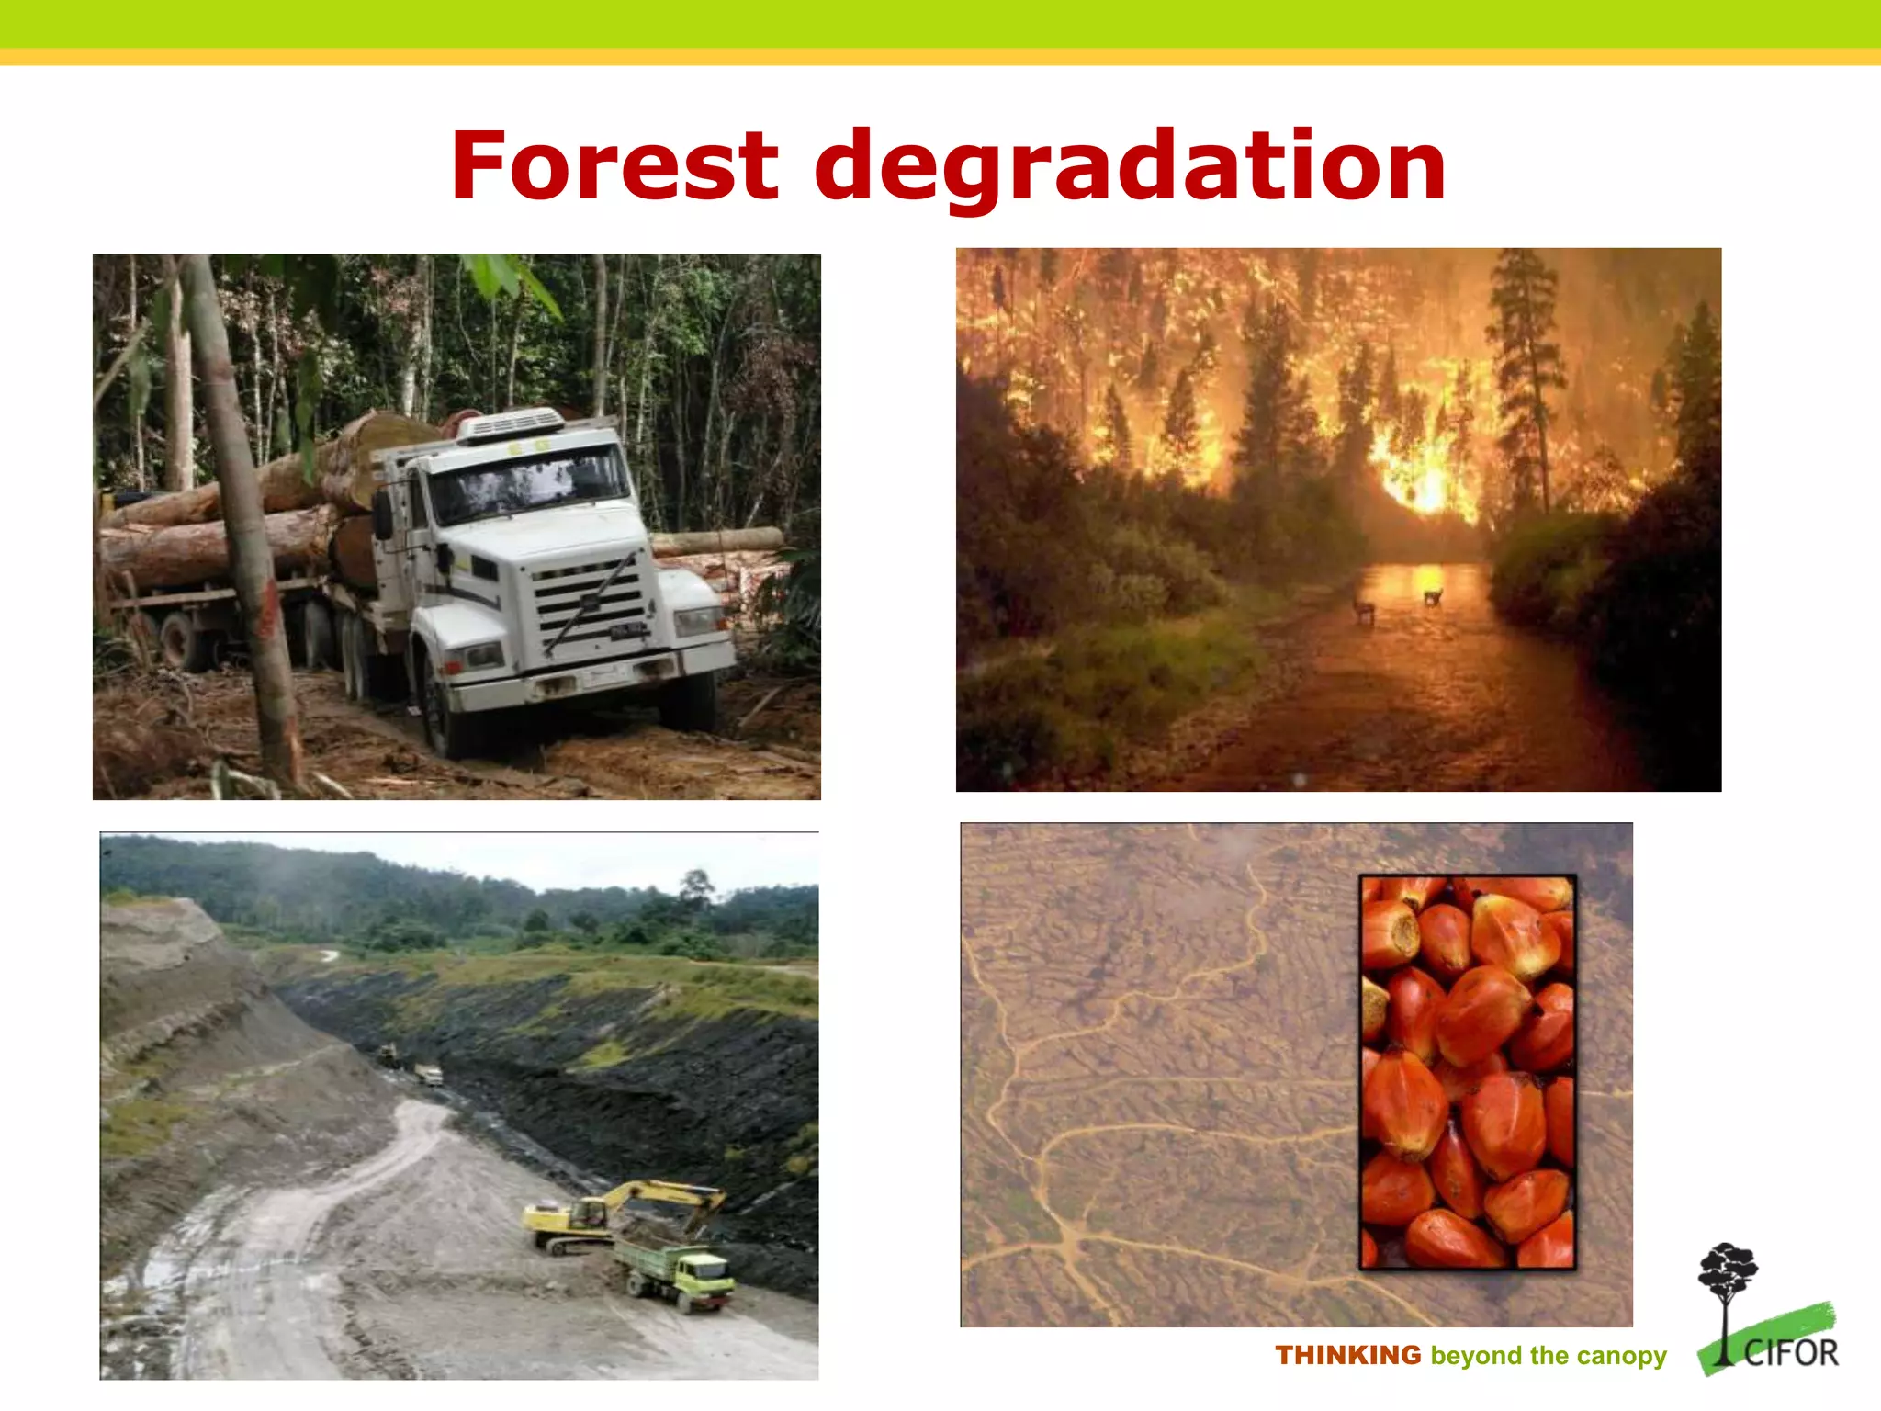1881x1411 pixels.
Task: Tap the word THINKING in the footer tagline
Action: click(1347, 1355)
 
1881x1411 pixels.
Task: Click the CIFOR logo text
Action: click(1791, 1353)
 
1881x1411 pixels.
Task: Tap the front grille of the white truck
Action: click(588, 602)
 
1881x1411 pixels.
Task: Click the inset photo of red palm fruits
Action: click(1467, 1071)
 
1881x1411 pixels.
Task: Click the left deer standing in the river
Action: click(1364, 607)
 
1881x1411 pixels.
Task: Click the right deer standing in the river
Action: click(1432, 596)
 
